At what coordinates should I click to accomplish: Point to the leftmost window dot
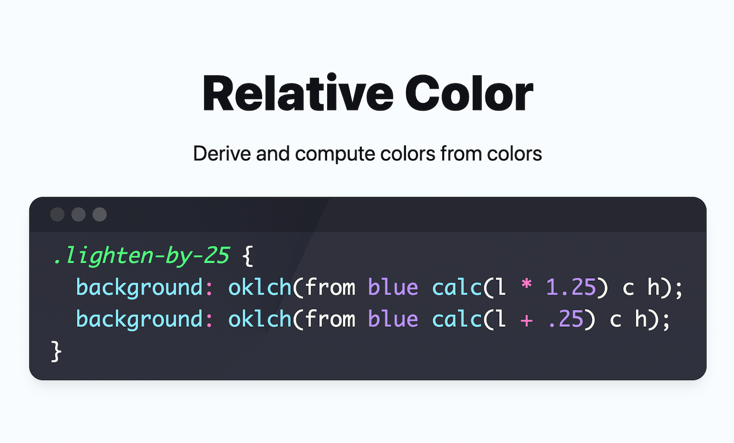pyautogui.click(x=57, y=214)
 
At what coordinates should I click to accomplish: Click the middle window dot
pyautogui.click(x=78, y=214)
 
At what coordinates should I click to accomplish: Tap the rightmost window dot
pyautogui.click(x=100, y=214)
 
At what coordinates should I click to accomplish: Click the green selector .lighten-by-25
pyautogui.click(x=141, y=255)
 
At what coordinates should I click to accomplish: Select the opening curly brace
pyautogui.click(x=248, y=256)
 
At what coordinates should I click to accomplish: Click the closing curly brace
pyautogui.click(x=56, y=352)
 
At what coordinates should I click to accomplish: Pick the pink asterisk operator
pyautogui.click(x=526, y=286)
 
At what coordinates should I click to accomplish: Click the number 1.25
pyautogui.click(x=570, y=287)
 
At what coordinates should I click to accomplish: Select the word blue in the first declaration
pyautogui.click(x=393, y=287)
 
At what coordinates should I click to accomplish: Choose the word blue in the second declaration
pyautogui.click(x=393, y=319)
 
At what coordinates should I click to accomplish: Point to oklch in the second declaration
pyautogui.click(x=260, y=319)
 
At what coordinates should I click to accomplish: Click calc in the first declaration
pyautogui.click(x=456, y=287)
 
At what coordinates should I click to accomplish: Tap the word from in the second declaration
pyautogui.click(x=330, y=319)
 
